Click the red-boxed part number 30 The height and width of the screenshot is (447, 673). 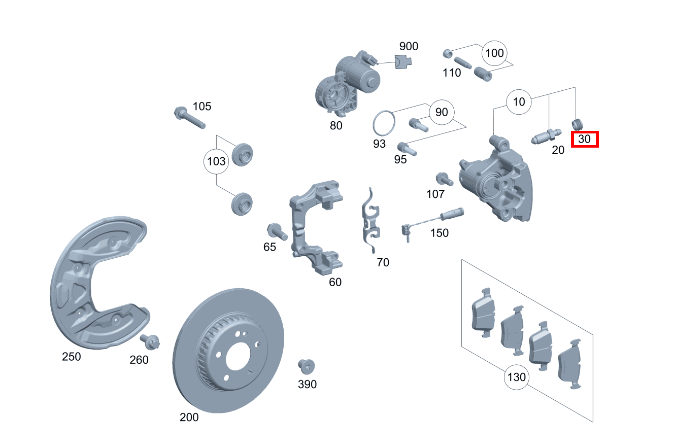pos(585,139)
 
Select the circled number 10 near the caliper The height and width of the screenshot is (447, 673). pos(519,102)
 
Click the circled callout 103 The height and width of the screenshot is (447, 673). pos(216,162)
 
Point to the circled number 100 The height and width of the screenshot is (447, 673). pos(494,53)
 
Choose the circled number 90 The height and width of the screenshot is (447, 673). pos(442,112)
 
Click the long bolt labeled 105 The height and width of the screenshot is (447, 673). pos(189,118)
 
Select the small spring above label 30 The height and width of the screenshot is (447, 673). pos(577,123)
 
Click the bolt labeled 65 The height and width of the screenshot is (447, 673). pos(277,231)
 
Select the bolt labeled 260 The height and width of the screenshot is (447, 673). pos(151,341)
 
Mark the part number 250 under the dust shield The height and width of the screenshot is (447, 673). pos(71,357)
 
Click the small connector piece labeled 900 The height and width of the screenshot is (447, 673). pos(403,62)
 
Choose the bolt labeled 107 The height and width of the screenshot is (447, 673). pos(443,179)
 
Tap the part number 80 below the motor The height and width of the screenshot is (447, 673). pos(336,125)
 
